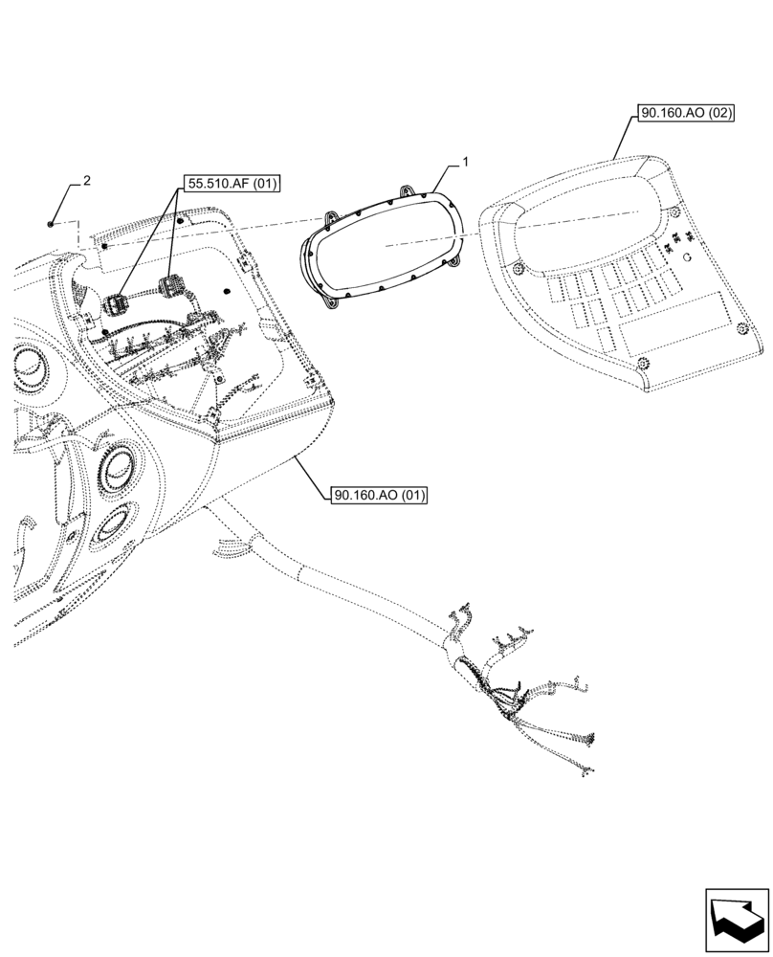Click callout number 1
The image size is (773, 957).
point(465,164)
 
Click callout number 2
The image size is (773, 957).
point(87,180)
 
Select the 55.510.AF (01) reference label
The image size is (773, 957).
point(226,184)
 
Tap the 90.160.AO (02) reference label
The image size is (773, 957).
point(686,113)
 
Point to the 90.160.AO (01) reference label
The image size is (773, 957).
point(379,496)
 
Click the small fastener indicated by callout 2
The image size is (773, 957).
point(50,223)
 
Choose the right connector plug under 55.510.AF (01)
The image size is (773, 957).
point(173,287)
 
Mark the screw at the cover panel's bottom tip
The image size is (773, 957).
point(644,363)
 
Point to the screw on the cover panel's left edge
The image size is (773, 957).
point(517,267)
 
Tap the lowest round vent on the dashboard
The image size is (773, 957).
point(114,529)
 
